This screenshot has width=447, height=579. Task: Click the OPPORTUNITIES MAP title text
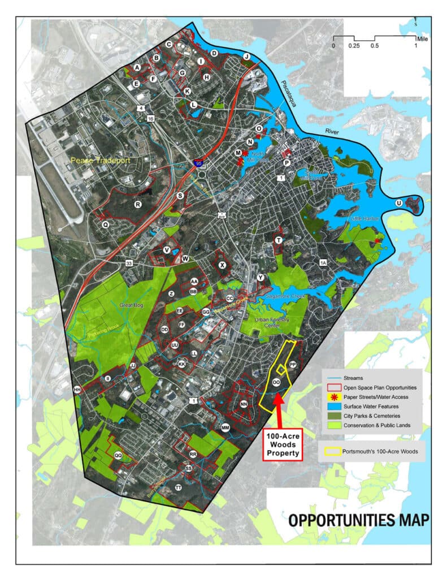click(359, 519)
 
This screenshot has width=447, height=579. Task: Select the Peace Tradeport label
click(101, 161)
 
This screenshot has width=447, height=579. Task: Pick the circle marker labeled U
click(399, 203)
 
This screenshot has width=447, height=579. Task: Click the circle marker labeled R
click(137, 204)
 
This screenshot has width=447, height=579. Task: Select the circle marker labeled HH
click(77, 389)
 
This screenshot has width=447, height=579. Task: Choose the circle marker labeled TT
click(179, 487)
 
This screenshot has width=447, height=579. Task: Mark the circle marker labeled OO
click(276, 383)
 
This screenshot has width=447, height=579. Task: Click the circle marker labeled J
click(246, 57)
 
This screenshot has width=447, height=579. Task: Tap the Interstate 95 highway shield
click(198, 163)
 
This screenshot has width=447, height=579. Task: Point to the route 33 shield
click(129, 263)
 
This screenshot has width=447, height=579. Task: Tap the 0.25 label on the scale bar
click(354, 45)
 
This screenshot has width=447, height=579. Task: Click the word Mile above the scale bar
click(422, 39)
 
